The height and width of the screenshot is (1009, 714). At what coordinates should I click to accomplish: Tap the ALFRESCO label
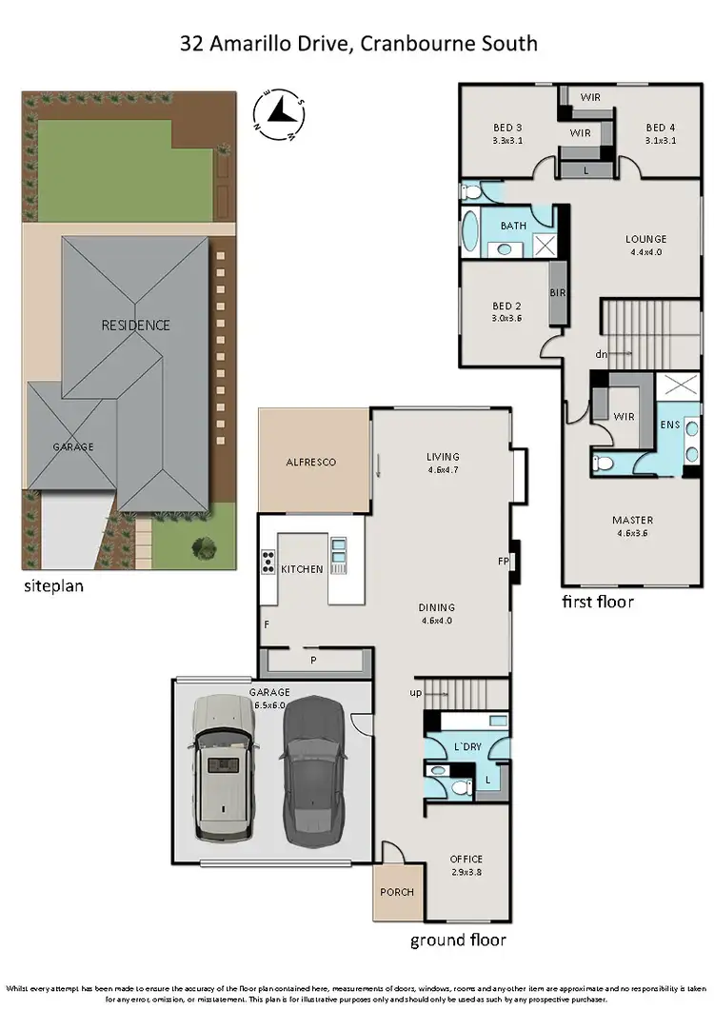311,463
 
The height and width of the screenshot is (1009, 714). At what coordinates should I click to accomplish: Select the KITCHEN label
302,569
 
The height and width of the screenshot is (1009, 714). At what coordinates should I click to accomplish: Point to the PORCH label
397,891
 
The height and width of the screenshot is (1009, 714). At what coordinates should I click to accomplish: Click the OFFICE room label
466,860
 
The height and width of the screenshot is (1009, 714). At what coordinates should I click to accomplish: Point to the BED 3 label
507,128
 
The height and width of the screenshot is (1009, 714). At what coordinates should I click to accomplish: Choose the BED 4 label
660,128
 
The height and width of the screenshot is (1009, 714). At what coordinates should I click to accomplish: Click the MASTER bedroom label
632,520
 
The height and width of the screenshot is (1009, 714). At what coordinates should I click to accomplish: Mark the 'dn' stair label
601,354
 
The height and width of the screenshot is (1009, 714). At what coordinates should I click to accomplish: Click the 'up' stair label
415,693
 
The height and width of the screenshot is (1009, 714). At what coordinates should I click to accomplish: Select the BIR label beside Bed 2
558,292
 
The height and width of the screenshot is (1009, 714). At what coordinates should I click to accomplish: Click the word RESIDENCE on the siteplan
136,325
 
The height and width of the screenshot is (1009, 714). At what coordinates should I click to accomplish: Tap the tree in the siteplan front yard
203,546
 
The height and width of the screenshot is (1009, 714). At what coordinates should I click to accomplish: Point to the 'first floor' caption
597,602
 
